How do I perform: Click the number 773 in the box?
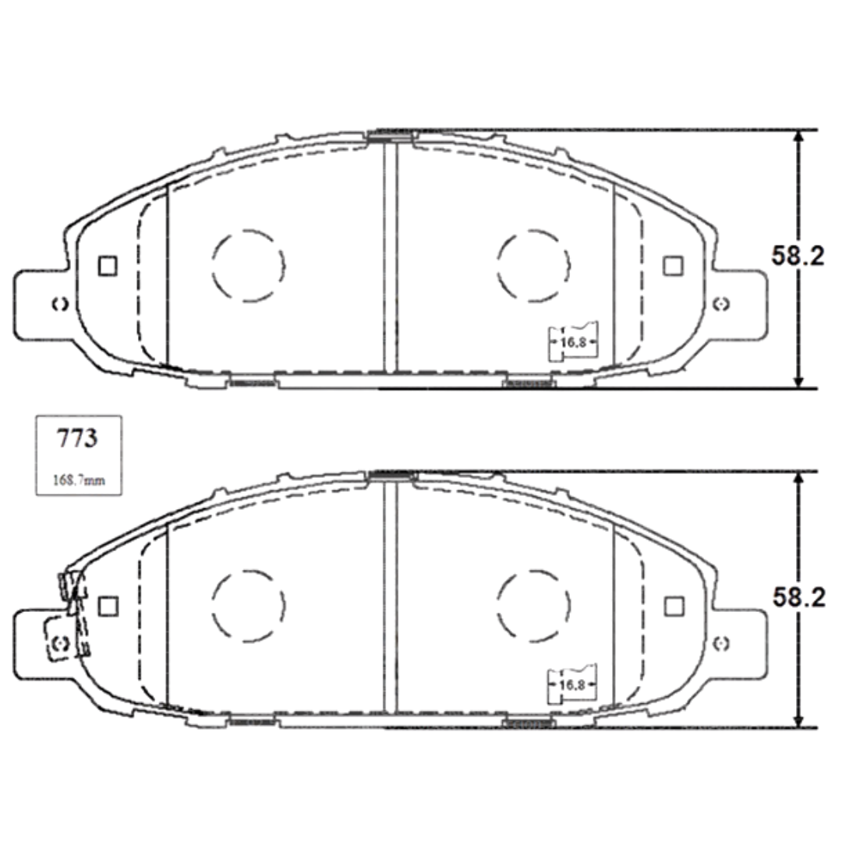[77, 438]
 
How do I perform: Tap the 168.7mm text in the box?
[79, 480]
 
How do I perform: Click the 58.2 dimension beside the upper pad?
[798, 256]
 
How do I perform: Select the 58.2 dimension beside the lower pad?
[798, 597]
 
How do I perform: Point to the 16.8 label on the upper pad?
[573, 342]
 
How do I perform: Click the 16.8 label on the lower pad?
[571, 685]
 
